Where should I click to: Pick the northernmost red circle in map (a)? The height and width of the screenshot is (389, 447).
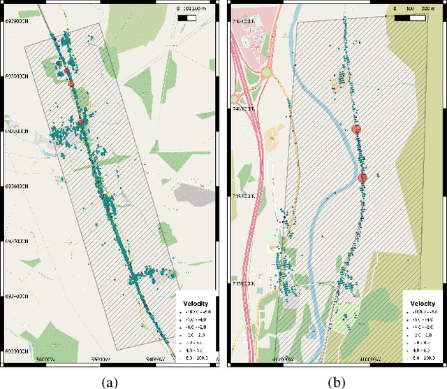point(67,71)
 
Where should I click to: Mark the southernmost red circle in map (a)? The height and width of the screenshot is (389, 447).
point(81,122)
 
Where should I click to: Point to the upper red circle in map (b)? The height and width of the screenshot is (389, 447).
point(356,129)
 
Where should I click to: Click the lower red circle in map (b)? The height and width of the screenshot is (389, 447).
point(362,178)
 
